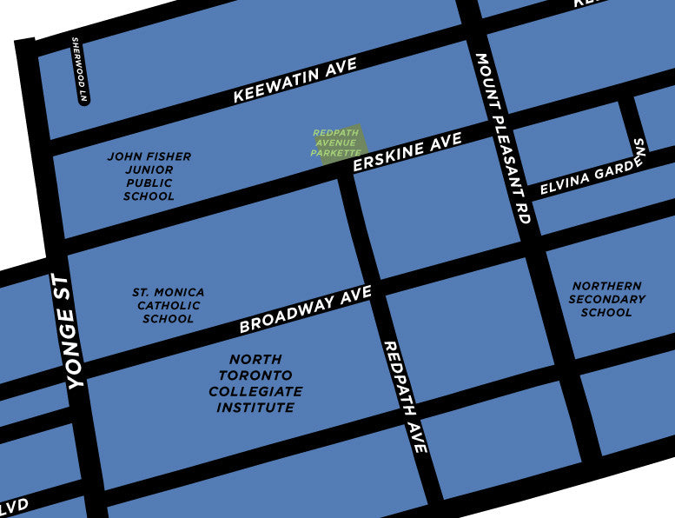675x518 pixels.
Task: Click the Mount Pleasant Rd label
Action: (x=501, y=139)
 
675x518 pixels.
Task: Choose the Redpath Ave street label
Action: (x=405, y=396)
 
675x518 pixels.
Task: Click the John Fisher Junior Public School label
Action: (x=149, y=176)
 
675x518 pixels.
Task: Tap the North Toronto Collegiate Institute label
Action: (x=255, y=383)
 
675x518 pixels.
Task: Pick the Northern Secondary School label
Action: (x=607, y=299)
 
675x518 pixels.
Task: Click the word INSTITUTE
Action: (x=255, y=408)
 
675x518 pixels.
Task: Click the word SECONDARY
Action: (x=607, y=299)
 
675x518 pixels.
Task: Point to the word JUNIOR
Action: (x=149, y=170)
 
